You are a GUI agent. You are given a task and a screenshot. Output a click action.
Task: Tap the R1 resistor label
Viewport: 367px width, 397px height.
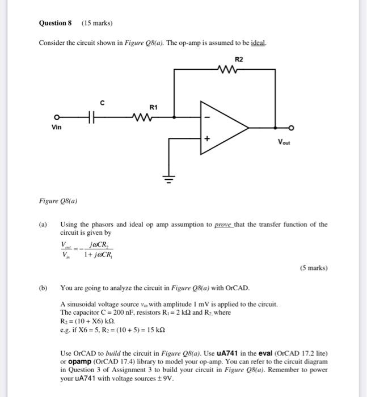154,107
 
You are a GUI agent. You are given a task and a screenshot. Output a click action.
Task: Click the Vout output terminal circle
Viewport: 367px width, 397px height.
291,128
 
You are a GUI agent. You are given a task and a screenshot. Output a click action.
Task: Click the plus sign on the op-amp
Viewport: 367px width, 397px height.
207,138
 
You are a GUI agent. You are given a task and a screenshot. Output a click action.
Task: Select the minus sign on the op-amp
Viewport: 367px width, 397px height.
207,117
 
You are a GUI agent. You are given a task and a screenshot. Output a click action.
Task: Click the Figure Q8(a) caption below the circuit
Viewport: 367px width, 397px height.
58,200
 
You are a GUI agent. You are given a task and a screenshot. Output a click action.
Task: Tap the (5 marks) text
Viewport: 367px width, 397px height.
313,268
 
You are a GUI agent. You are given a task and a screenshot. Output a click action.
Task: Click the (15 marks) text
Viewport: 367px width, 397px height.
97,23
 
